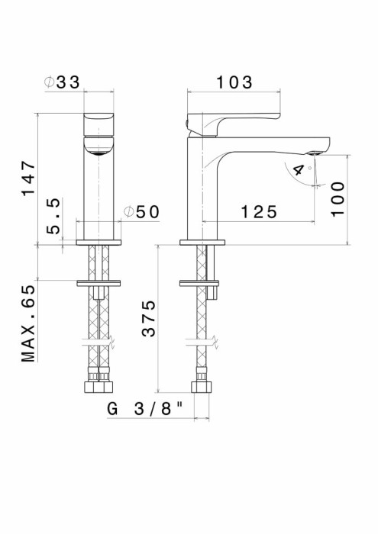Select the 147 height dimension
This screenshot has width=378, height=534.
(x=28, y=179)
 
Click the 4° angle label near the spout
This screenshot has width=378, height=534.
(x=301, y=171)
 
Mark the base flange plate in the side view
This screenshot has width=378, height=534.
(x=202, y=243)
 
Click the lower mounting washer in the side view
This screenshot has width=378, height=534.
(x=202, y=284)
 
